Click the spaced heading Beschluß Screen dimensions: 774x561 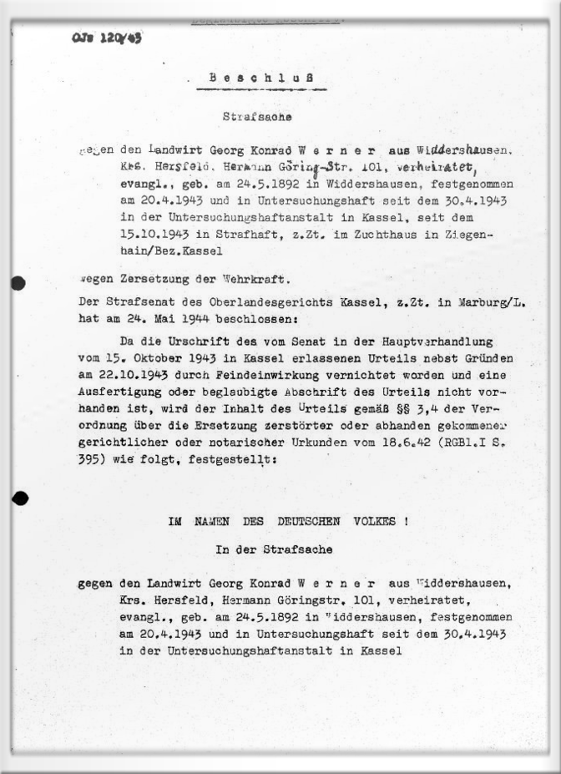click(261, 78)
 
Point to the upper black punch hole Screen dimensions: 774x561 click(18, 283)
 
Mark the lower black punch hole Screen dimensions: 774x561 click(20, 498)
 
